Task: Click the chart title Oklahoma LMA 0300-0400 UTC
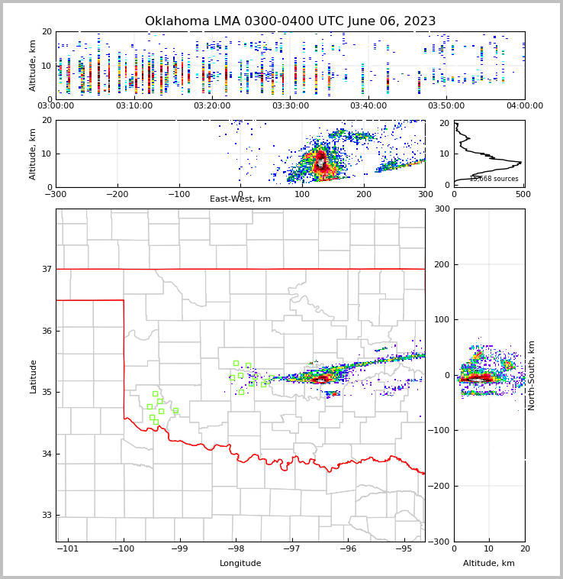coord(290,21)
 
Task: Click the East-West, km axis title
coord(240,199)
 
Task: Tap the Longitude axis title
coord(240,564)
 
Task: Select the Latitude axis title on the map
coord(34,376)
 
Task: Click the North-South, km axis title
coord(532,375)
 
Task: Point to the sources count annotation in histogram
coord(494,180)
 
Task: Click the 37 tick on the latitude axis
coord(46,269)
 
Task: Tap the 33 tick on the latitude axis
coord(46,516)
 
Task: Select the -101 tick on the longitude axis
coord(68,548)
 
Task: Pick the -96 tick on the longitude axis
coord(348,548)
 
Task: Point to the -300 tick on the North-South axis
coord(440,542)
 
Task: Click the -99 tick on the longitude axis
coord(180,548)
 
